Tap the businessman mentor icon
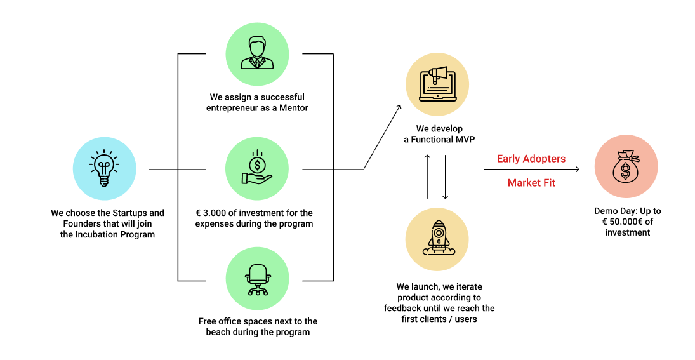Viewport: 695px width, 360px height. (x=257, y=54)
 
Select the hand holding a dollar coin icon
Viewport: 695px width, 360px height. (x=257, y=169)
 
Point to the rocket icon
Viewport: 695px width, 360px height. (x=437, y=238)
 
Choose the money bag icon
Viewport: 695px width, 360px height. (x=626, y=166)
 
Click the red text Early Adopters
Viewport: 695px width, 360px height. (x=531, y=159)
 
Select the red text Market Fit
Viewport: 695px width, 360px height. (x=531, y=183)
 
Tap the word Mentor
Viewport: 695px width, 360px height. (x=294, y=109)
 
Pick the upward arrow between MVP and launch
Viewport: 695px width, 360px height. (x=427, y=177)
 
